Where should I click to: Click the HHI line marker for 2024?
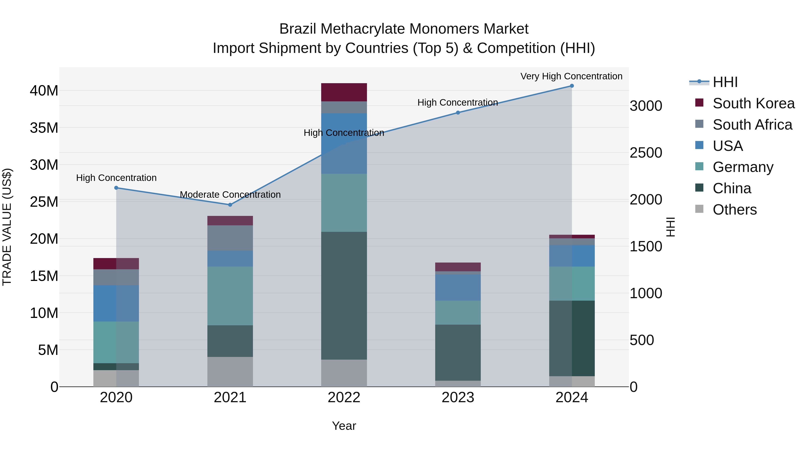point(571,86)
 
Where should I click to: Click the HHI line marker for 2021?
point(230,205)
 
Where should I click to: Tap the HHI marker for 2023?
point(458,113)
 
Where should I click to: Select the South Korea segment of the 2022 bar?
point(344,92)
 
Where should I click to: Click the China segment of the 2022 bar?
point(344,295)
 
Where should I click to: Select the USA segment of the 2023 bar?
point(458,287)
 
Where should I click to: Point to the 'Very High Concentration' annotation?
point(571,76)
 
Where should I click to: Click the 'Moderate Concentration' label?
point(230,195)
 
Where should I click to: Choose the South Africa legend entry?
point(752,124)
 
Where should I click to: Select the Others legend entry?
point(734,209)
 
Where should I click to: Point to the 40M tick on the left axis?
point(44,91)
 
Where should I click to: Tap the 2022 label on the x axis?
point(344,398)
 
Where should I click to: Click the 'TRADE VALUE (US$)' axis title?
point(7,227)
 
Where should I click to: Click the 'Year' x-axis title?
point(344,426)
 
